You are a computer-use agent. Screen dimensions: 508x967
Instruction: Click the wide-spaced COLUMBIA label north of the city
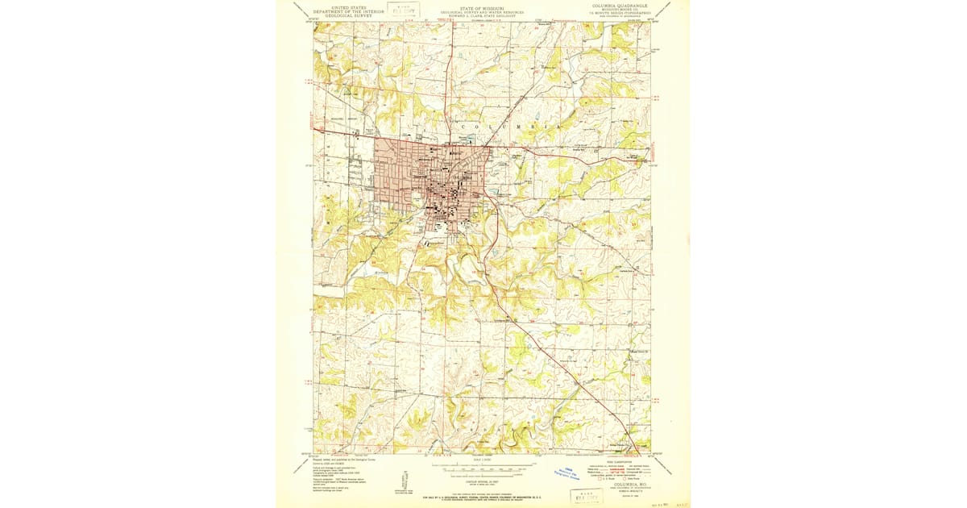click(509, 127)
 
